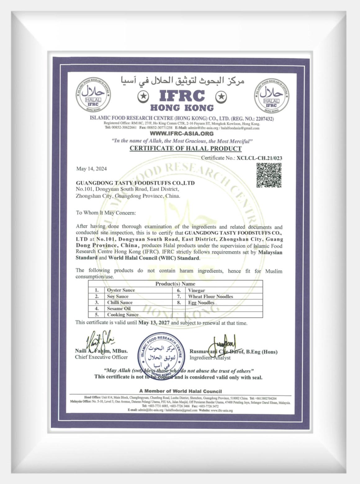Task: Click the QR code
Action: pyautogui.click(x=269, y=175)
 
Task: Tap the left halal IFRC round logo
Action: pyautogui.click(x=93, y=95)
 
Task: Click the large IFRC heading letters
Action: pyautogui.click(x=182, y=96)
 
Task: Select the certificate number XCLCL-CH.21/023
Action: pyautogui.click(x=259, y=158)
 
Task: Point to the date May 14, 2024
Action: pyautogui.click(x=92, y=169)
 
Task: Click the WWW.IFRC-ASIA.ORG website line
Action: pyautogui.click(x=182, y=134)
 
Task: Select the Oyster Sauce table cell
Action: pyautogui.click(x=121, y=290)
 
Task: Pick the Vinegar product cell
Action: pyautogui.click(x=196, y=290)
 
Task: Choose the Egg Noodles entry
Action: pyautogui.click(x=201, y=302)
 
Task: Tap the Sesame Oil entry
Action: pyautogui.click(x=119, y=308)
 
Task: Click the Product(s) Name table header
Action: pyautogui.click(x=175, y=284)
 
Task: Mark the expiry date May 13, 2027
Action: pyautogui.click(x=154, y=323)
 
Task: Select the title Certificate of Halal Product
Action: pyautogui.click(x=186, y=148)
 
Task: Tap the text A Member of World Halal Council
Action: pyautogui.click(x=181, y=391)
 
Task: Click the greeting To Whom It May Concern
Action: pyautogui.click(x=106, y=213)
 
